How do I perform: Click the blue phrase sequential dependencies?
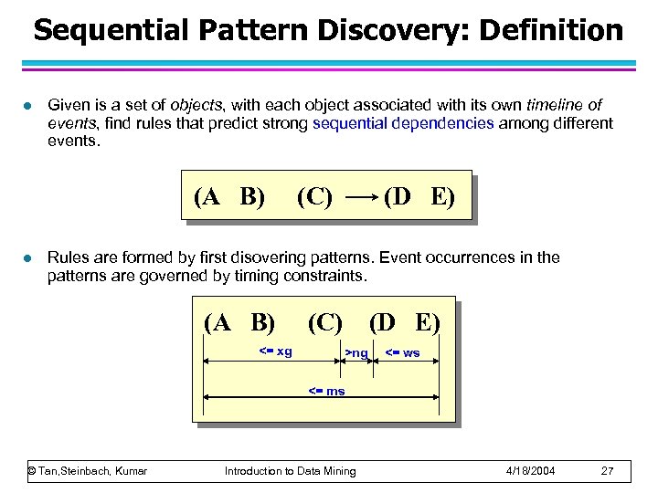pos(403,123)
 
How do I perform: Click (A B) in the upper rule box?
pos(229,196)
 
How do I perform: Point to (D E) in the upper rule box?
pos(419,196)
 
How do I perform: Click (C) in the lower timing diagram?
pos(324,322)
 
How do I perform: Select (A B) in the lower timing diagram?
pos(239,322)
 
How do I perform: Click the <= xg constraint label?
pos(275,351)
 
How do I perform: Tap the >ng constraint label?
pos(356,352)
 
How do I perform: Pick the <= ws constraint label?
pos(401,352)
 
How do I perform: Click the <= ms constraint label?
pos(325,391)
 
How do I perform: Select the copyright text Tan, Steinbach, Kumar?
pos(88,471)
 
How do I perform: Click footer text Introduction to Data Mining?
pos(291,471)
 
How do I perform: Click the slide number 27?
pos(607,471)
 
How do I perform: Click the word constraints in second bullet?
pos(330,275)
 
